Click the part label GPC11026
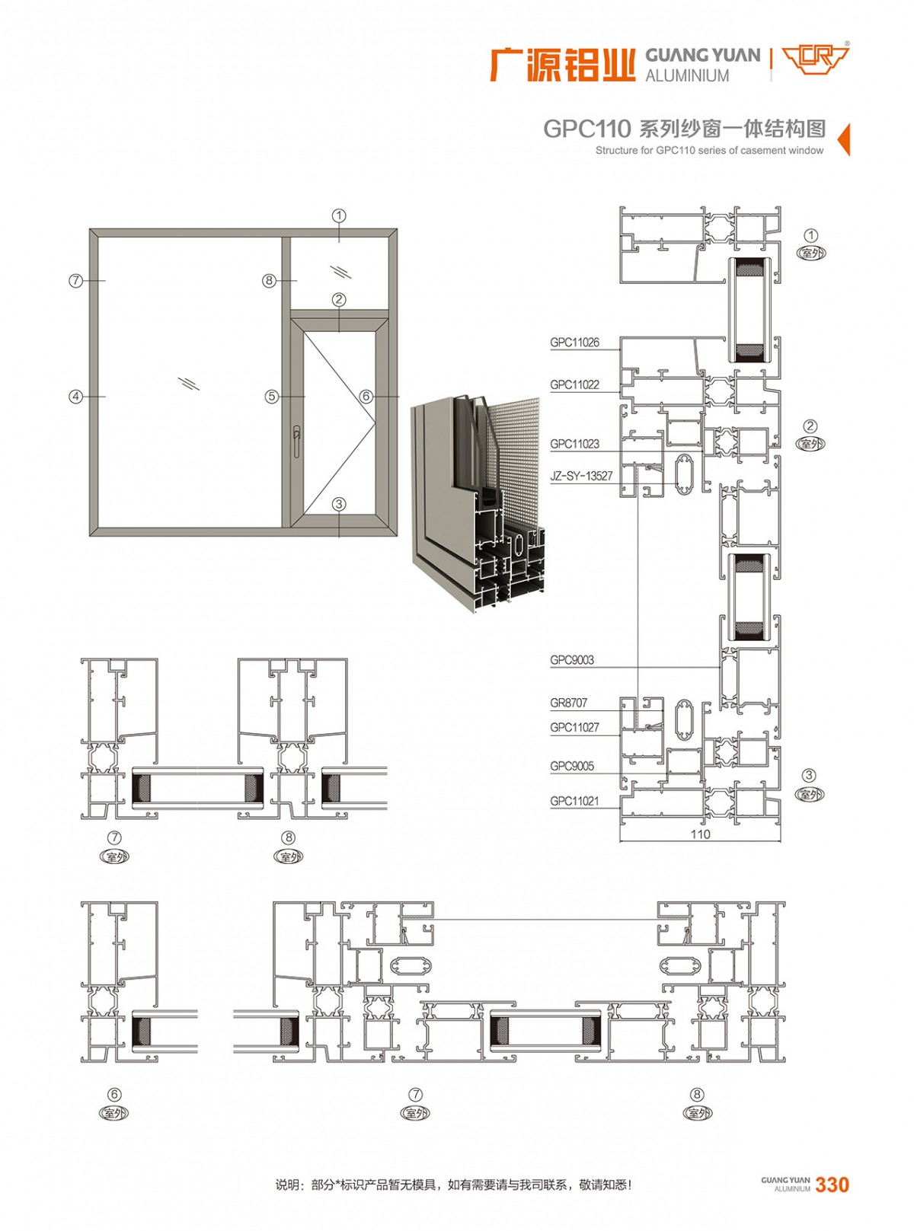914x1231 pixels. coord(574,343)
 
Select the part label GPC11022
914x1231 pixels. coord(574,384)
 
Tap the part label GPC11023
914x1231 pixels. coord(574,444)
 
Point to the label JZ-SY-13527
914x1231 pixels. coord(581,476)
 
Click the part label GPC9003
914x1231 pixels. coord(571,660)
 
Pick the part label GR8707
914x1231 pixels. coord(568,703)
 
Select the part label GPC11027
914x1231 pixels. coord(574,727)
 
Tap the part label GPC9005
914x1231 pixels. coord(571,767)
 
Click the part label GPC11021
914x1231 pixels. coord(574,801)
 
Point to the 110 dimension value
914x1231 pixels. coord(700,834)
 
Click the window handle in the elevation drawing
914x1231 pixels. coord(298,442)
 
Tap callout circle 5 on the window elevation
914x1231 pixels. coord(271,397)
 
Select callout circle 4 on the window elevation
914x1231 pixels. coord(75,397)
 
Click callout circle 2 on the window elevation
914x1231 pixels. coord(339,300)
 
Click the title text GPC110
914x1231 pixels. coord(587,129)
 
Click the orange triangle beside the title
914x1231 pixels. coord(843,139)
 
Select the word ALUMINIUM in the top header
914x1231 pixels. coord(687,75)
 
